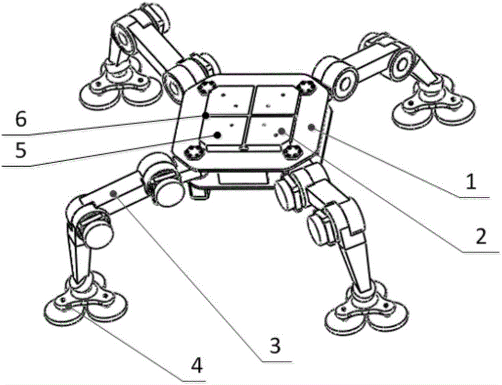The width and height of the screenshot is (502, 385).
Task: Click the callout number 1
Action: pyautogui.click(x=471, y=183)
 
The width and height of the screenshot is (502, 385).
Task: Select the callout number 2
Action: pyautogui.click(x=480, y=237)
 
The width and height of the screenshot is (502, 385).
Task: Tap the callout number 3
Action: pyautogui.click(x=275, y=346)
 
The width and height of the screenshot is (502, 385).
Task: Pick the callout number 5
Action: pyautogui.click(x=21, y=151)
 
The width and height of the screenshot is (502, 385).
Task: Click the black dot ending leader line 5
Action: pyautogui.click(x=217, y=135)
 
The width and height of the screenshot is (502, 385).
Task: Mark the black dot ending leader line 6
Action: pyautogui.click(x=206, y=115)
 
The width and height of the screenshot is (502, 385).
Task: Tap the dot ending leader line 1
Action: pyautogui.click(x=311, y=127)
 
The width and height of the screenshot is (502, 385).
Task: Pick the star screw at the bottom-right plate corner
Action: pyautogui.click(x=293, y=151)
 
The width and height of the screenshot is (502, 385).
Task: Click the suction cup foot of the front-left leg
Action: pyautogui.click(x=85, y=305)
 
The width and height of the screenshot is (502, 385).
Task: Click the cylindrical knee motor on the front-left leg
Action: pyautogui.click(x=95, y=230)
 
